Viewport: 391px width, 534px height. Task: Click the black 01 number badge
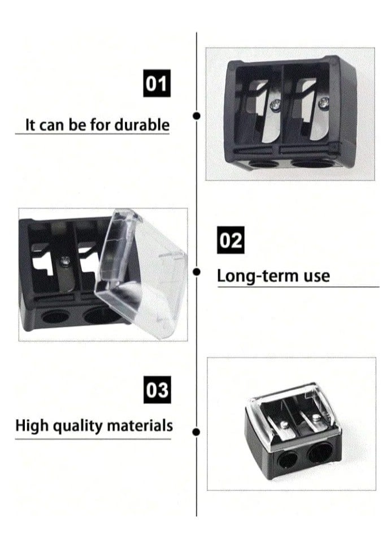coord(157,84)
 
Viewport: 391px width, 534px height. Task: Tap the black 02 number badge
coord(231,240)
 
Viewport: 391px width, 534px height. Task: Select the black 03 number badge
coord(157,391)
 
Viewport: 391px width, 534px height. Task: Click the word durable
coord(142,124)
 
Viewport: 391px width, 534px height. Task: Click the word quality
coord(79,425)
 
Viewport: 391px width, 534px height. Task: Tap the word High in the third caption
coord(32,425)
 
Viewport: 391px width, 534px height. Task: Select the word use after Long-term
coord(315,276)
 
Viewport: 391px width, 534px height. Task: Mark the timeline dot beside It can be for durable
coord(196,116)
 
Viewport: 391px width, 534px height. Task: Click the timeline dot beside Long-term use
coord(196,272)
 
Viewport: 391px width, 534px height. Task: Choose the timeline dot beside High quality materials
coord(196,432)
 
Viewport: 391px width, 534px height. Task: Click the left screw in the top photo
coord(275,104)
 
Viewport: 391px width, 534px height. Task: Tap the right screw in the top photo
coord(323,102)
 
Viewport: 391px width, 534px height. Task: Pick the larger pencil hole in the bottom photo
coord(320,453)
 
